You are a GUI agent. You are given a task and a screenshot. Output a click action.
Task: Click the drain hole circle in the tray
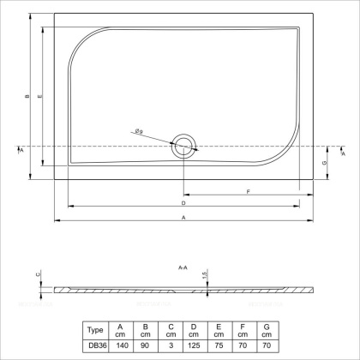click(x=183, y=147)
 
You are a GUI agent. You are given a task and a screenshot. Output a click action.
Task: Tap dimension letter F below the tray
click(x=248, y=192)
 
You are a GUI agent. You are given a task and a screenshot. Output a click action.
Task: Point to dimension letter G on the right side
click(x=324, y=163)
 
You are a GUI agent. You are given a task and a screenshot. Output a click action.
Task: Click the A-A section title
click(x=183, y=268)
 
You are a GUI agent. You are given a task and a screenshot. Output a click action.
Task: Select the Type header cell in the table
click(x=97, y=330)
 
